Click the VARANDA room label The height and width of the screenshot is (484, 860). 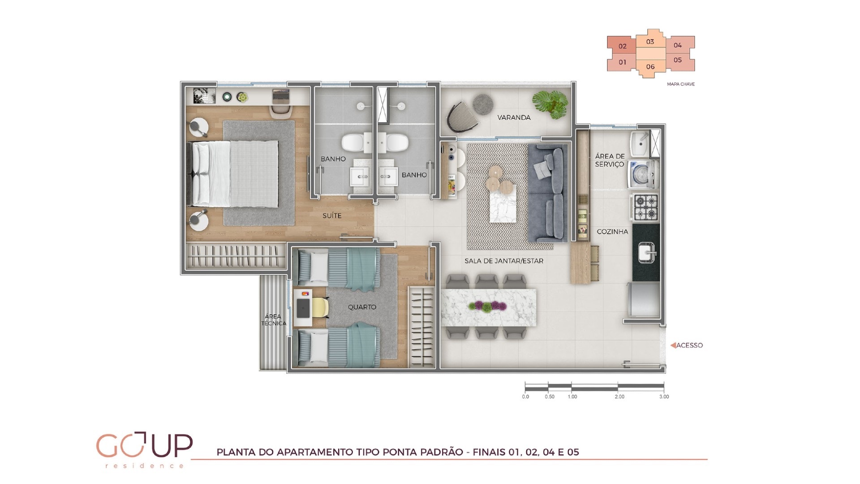pyautogui.click(x=514, y=117)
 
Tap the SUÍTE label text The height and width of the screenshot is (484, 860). pyautogui.click(x=332, y=216)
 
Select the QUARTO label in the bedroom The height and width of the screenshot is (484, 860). pyautogui.click(x=362, y=307)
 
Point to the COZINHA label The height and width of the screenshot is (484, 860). pyautogui.click(x=612, y=232)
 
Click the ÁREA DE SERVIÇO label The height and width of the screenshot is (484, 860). pyautogui.click(x=610, y=160)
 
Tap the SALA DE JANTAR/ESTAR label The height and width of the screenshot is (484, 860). pyautogui.click(x=504, y=261)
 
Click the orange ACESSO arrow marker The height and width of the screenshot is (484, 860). pyautogui.click(x=673, y=345)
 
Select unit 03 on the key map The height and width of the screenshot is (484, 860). pyautogui.click(x=650, y=42)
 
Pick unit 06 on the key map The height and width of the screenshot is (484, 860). pyautogui.click(x=650, y=67)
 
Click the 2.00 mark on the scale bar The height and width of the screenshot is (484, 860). pyautogui.click(x=619, y=397)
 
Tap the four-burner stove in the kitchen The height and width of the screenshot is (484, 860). pyautogui.click(x=645, y=207)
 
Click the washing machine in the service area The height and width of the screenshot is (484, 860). pyautogui.click(x=643, y=174)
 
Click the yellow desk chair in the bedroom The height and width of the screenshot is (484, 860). pyautogui.click(x=321, y=307)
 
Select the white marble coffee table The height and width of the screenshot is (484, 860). pyautogui.click(x=503, y=204)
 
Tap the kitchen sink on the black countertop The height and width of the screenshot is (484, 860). pyautogui.click(x=646, y=252)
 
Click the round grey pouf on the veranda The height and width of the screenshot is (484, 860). pyautogui.click(x=483, y=104)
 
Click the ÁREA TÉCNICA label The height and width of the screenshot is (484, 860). pyautogui.click(x=273, y=320)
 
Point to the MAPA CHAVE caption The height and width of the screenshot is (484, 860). pyautogui.click(x=681, y=84)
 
